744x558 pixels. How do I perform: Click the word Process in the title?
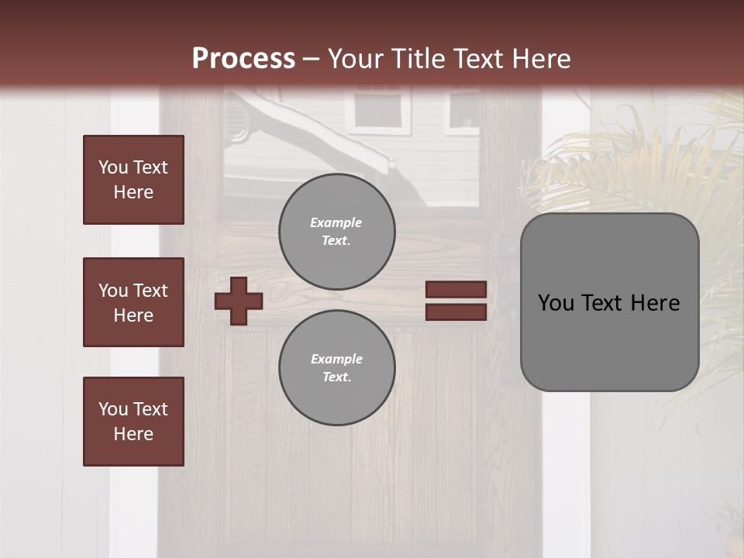click(x=243, y=59)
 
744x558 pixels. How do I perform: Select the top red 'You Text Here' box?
click(x=133, y=180)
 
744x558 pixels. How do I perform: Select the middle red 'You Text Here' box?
click(x=133, y=302)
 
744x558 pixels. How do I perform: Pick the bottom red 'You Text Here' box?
click(x=133, y=422)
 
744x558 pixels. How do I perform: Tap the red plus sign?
click(x=239, y=301)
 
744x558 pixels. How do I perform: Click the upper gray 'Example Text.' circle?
click(x=336, y=232)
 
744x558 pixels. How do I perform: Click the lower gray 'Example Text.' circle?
click(x=336, y=368)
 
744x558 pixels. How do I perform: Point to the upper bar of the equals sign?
click(x=456, y=289)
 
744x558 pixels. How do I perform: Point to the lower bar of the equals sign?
click(x=456, y=312)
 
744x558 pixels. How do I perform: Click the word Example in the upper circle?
click(x=336, y=222)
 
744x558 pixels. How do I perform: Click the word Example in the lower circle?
click(x=336, y=359)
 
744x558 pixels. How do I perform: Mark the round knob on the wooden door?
click(x=279, y=293)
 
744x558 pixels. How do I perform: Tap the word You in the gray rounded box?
click(x=556, y=303)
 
